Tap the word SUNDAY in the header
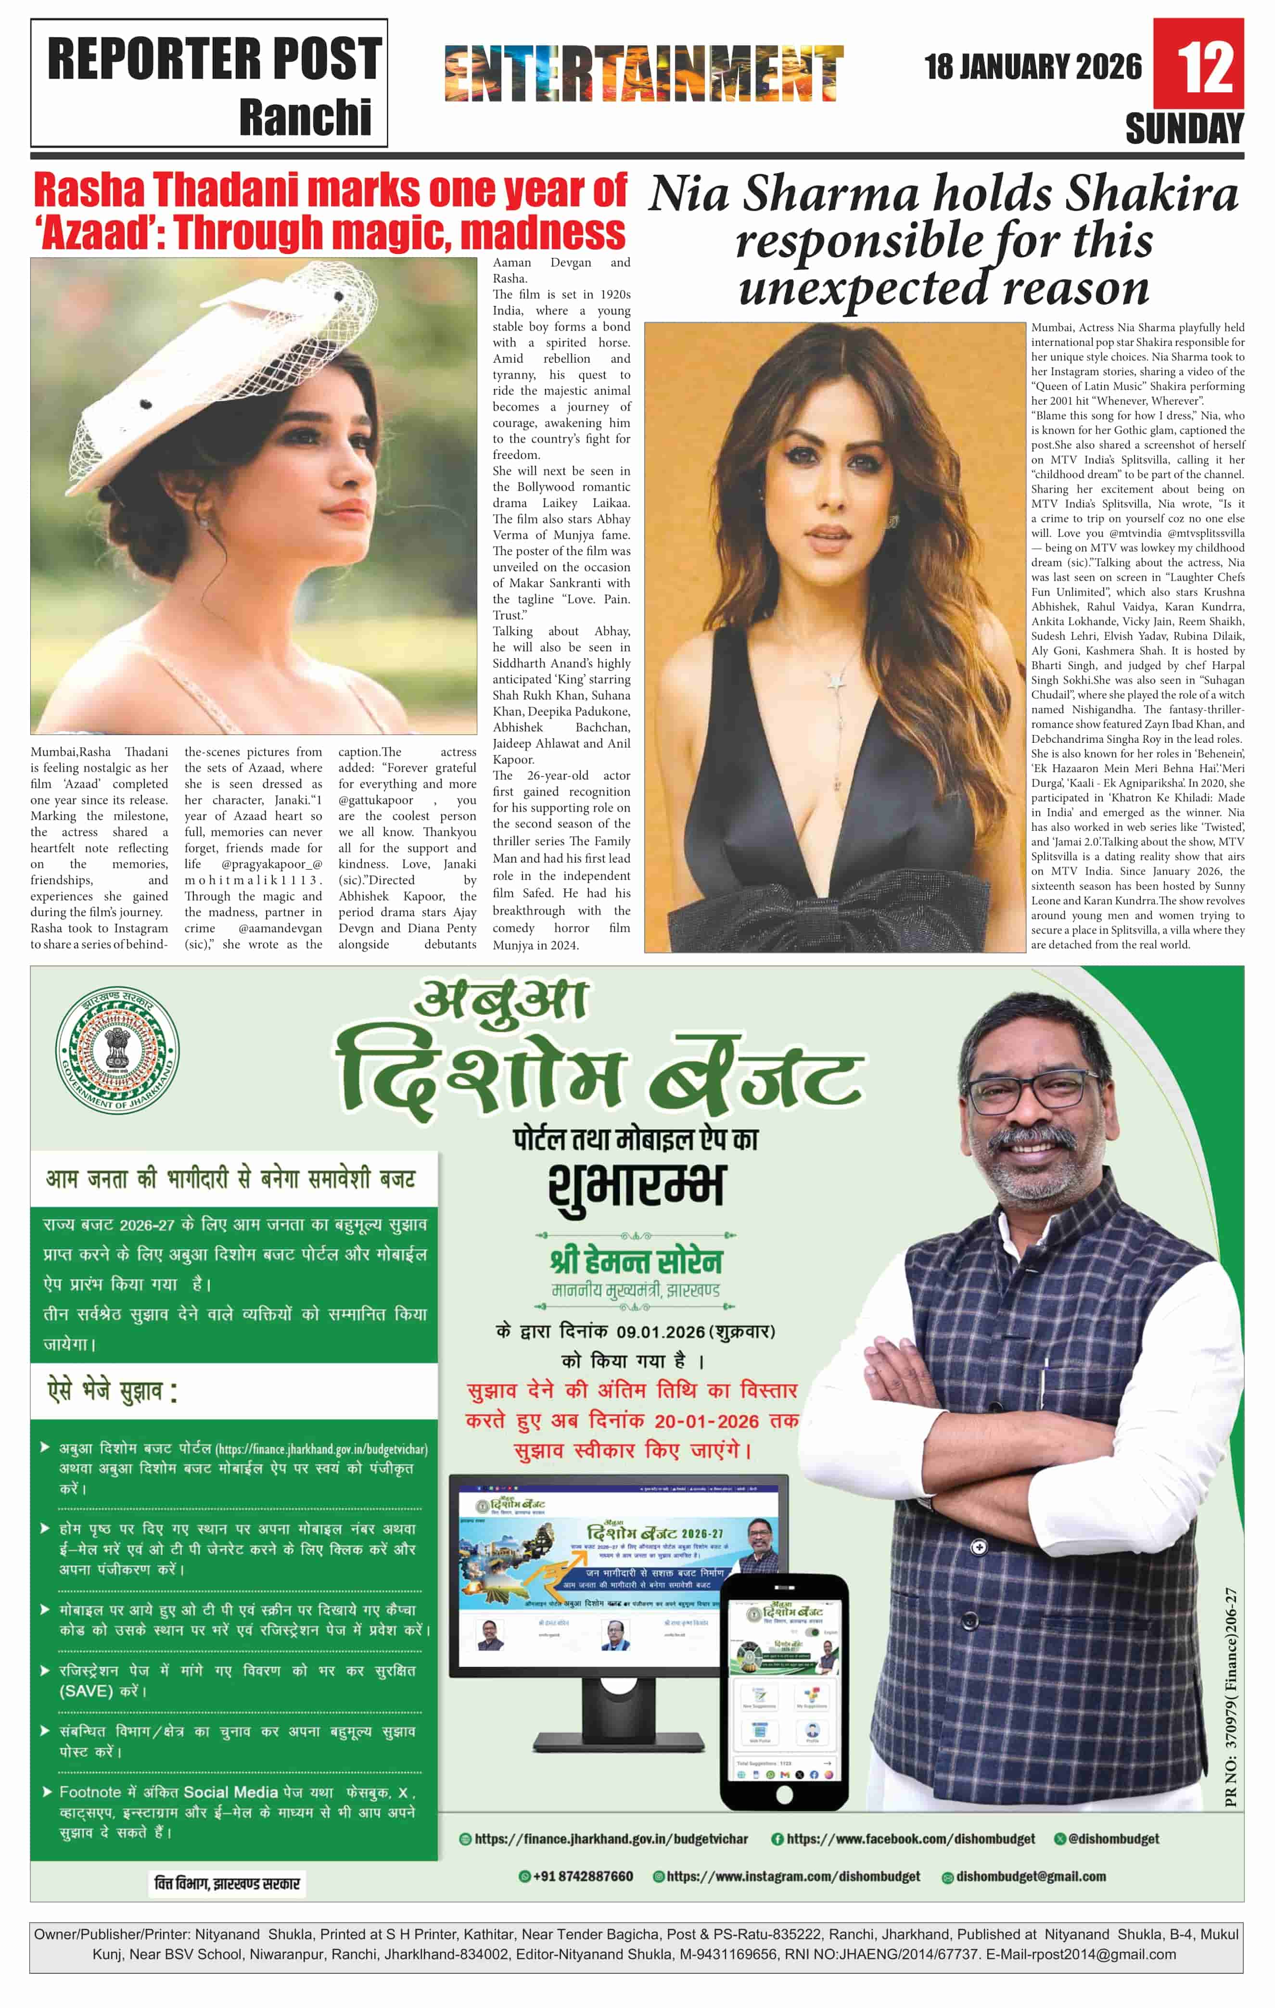coord(1184,129)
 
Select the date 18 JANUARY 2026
coord(1033,67)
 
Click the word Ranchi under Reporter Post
coord(305,117)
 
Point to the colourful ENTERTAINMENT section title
coord(644,74)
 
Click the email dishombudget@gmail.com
coord(1031,1876)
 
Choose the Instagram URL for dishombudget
coord(793,1876)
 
